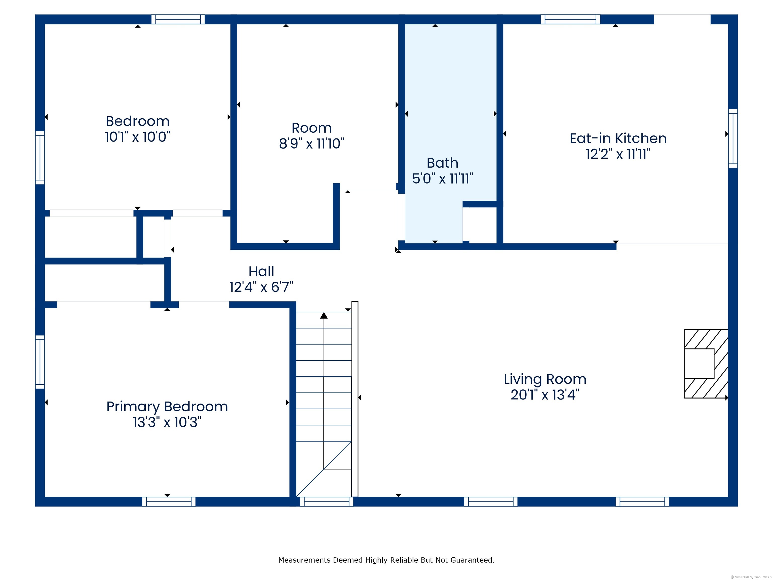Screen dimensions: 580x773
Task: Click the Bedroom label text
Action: coord(137,121)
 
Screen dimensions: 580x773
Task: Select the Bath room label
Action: coord(442,163)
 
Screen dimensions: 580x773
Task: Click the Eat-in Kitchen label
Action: coord(618,138)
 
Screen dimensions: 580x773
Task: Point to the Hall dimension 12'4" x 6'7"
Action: coord(261,287)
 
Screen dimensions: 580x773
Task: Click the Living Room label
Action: coord(545,379)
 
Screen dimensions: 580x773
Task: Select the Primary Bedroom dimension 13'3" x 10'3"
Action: coord(167,422)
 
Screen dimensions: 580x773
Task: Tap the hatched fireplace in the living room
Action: coord(706,364)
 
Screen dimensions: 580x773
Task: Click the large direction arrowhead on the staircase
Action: coord(324,315)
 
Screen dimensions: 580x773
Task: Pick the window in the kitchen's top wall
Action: coord(570,19)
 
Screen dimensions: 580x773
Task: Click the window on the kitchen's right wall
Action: coord(733,138)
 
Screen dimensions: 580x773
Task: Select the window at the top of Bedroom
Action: coord(178,19)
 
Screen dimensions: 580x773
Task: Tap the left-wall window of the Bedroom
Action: coord(40,158)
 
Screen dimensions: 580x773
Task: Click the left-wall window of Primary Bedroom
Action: coord(40,362)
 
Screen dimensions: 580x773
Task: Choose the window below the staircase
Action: coord(326,501)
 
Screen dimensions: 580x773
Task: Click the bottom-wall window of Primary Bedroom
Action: coord(169,501)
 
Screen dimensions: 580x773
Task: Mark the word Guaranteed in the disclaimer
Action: coord(472,560)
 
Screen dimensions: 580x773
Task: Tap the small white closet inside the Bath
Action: coord(479,224)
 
